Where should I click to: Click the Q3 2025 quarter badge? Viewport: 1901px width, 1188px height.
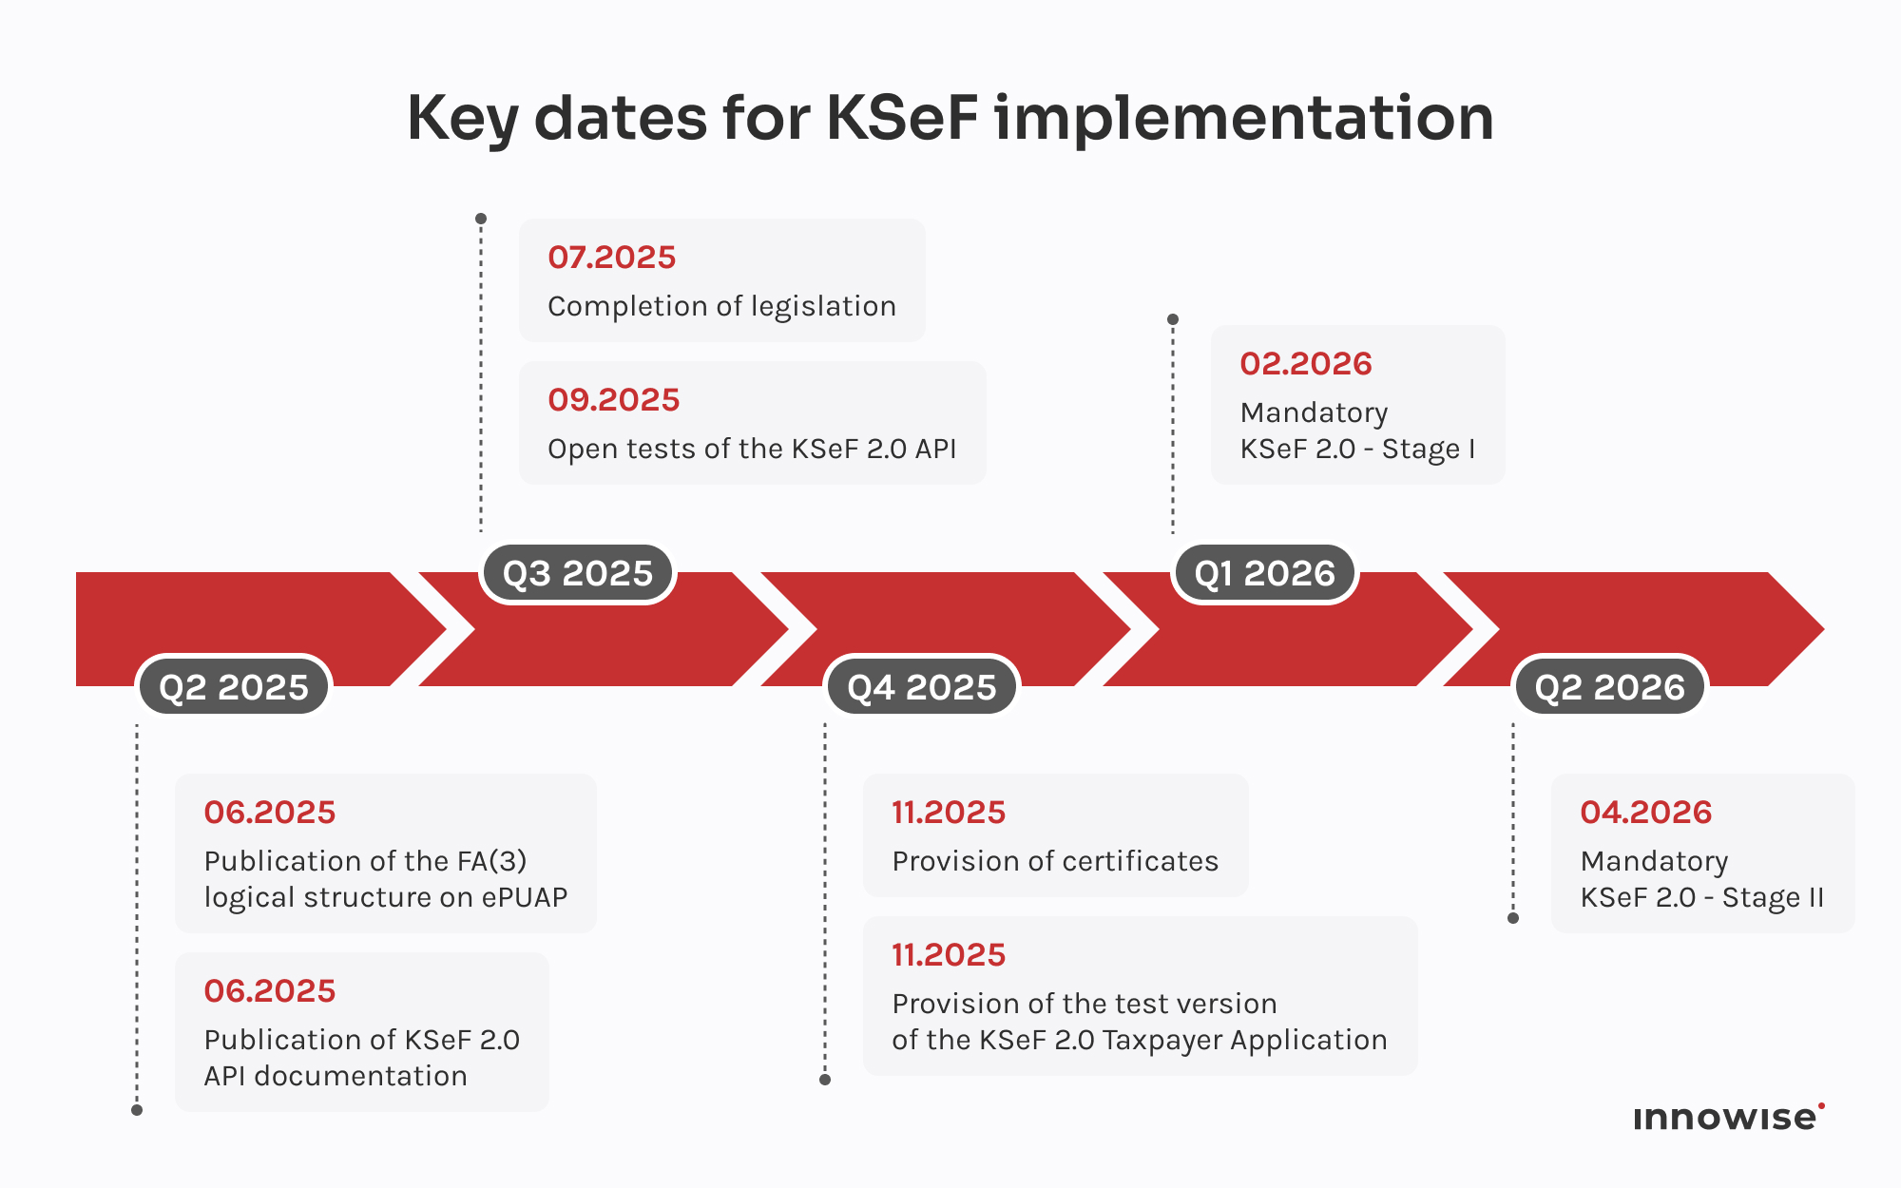coord(578,574)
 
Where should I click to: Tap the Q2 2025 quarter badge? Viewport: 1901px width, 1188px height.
coord(234,687)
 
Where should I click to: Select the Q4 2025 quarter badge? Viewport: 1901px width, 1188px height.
coord(922,687)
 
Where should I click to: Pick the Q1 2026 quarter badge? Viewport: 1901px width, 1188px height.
coord(1265,574)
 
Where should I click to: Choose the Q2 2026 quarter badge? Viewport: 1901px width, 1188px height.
coord(1609,687)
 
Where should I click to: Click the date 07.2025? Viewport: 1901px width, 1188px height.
coord(611,258)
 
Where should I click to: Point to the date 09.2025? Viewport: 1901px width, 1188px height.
coord(613,400)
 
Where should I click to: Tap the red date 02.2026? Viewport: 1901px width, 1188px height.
coord(1306,364)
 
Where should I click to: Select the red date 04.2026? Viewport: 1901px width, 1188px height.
coord(1645,813)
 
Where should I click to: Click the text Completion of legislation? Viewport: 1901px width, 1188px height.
coord(721,306)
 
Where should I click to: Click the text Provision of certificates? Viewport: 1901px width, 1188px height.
coord(1055,861)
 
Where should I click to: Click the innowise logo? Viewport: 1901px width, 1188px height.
coord(1727,1118)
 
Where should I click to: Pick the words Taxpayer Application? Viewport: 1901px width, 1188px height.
coord(1245,1040)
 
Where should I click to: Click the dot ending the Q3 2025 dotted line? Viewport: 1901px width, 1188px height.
coord(481,219)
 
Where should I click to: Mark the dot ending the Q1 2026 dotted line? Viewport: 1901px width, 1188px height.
coord(1173,319)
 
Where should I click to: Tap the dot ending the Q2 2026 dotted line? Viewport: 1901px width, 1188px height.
coord(1513,918)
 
